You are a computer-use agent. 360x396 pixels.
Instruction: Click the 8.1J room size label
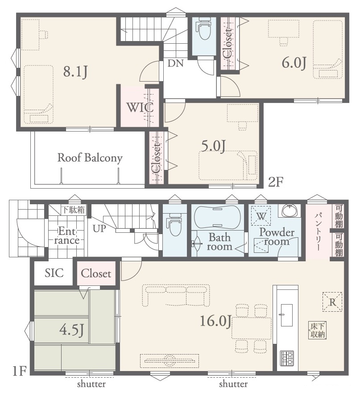(75, 71)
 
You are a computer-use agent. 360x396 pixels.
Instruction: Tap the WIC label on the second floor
(140, 107)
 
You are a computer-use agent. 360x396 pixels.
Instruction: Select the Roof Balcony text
(90, 158)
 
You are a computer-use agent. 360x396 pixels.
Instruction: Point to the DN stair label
(175, 63)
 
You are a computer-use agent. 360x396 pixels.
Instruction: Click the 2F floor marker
(276, 181)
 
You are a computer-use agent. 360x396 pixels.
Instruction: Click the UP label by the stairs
(99, 229)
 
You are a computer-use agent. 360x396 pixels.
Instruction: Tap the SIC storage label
(54, 273)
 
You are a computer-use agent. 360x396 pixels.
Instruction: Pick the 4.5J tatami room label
(71, 330)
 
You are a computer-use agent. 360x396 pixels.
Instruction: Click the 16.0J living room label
(215, 321)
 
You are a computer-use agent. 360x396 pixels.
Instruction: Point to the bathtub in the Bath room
(217, 218)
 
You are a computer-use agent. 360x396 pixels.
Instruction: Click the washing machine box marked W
(261, 216)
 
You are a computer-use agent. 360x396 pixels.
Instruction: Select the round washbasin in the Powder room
(290, 210)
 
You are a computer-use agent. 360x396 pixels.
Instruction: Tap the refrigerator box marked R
(332, 302)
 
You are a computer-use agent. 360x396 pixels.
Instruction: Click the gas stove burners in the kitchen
(287, 359)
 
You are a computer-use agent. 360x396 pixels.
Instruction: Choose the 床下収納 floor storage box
(318, 330)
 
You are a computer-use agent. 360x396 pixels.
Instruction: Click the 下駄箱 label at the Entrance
(74, 210)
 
